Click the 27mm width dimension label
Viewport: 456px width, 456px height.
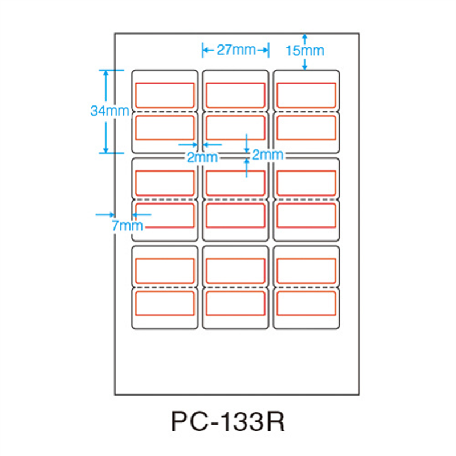coord(236,50)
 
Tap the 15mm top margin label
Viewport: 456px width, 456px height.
coord(305,51)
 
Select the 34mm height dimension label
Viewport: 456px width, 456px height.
coord(108,111)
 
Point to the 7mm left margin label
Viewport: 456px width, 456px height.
coord(127,226)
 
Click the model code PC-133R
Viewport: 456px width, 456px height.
coord(228,422)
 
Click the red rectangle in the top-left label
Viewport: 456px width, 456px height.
coord(165,95)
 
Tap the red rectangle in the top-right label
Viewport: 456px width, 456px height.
coord(306,95)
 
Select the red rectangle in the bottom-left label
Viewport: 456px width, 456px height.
coord(165,303)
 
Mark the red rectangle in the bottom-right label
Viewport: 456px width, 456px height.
coord(306,303)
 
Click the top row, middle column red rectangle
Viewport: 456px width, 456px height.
coord(235,95)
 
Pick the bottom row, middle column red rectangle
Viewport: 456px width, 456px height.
coord(235,303)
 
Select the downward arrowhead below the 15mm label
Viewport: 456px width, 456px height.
coord(305,67)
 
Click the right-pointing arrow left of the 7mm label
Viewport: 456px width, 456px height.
coord(111,214)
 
